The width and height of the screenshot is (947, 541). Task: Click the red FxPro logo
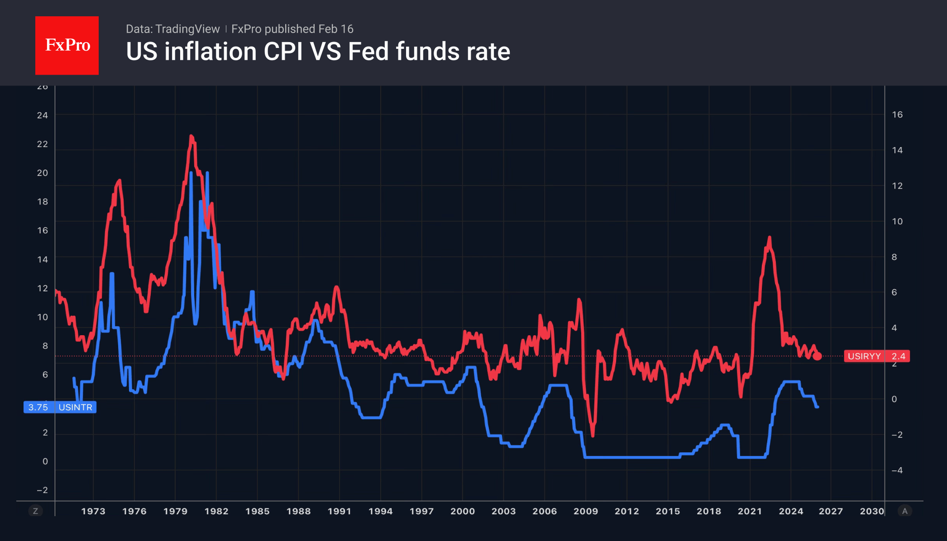point(67,45)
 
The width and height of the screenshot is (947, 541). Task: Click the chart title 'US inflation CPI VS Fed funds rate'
point(318,52)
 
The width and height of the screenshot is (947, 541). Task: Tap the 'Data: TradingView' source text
point(172,29)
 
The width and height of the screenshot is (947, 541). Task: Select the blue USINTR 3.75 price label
point(60,407)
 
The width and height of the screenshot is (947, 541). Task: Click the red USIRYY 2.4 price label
point(876,356)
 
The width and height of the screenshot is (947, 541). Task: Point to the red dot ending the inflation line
point(817,356)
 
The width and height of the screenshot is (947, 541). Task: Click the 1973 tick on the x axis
point(93,511)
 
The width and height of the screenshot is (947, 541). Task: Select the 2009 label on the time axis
point(586,511)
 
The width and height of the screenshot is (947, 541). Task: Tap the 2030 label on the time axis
point(872,511)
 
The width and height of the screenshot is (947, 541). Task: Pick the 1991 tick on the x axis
point(340,511)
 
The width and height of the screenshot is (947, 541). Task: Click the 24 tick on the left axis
point(43,115)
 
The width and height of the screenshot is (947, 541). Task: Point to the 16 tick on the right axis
point(897,115)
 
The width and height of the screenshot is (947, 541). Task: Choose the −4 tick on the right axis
point(897,470)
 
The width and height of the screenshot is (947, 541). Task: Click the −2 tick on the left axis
point(42,490)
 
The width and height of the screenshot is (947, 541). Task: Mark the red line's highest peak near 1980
point(191,136)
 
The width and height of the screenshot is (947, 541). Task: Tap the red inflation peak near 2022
point(769,237)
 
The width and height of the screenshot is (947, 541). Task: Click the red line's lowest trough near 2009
point(593,435)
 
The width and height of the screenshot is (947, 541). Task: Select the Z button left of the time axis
point(35,511)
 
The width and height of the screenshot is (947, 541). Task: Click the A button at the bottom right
point(905,511)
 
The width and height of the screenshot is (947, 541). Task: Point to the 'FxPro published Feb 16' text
point(292,29)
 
